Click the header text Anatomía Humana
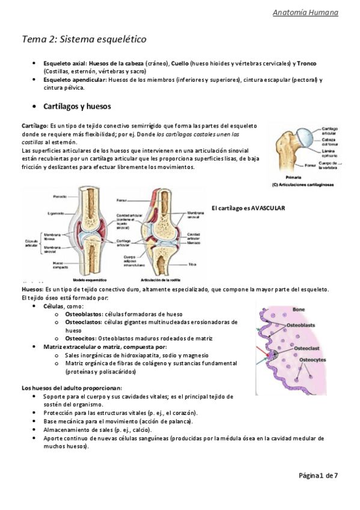click(x=314, y=13)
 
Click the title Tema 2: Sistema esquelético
click(x=84, y=40)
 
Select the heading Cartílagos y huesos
click(x=77, y=106)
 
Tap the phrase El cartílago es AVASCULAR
click(x=248, y=208)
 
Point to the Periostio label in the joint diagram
click(x=58, y=196)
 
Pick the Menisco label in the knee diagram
click(x=194, y=243)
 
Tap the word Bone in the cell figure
click(x=299, y=310)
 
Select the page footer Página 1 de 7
click(x=319, y=475)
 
